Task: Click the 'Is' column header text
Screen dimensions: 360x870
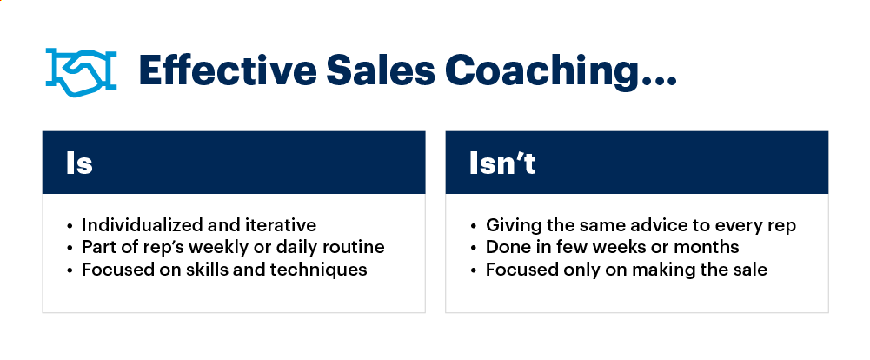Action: pos(79,163)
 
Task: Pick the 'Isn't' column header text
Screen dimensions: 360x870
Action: pos(502,163)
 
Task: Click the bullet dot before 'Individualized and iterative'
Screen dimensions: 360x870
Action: pos(70,225)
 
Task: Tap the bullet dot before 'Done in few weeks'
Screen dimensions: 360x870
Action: pos(475,247)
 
